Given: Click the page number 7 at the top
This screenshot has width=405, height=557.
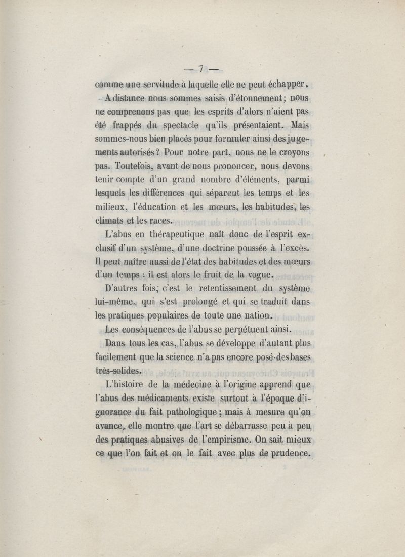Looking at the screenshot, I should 201,68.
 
